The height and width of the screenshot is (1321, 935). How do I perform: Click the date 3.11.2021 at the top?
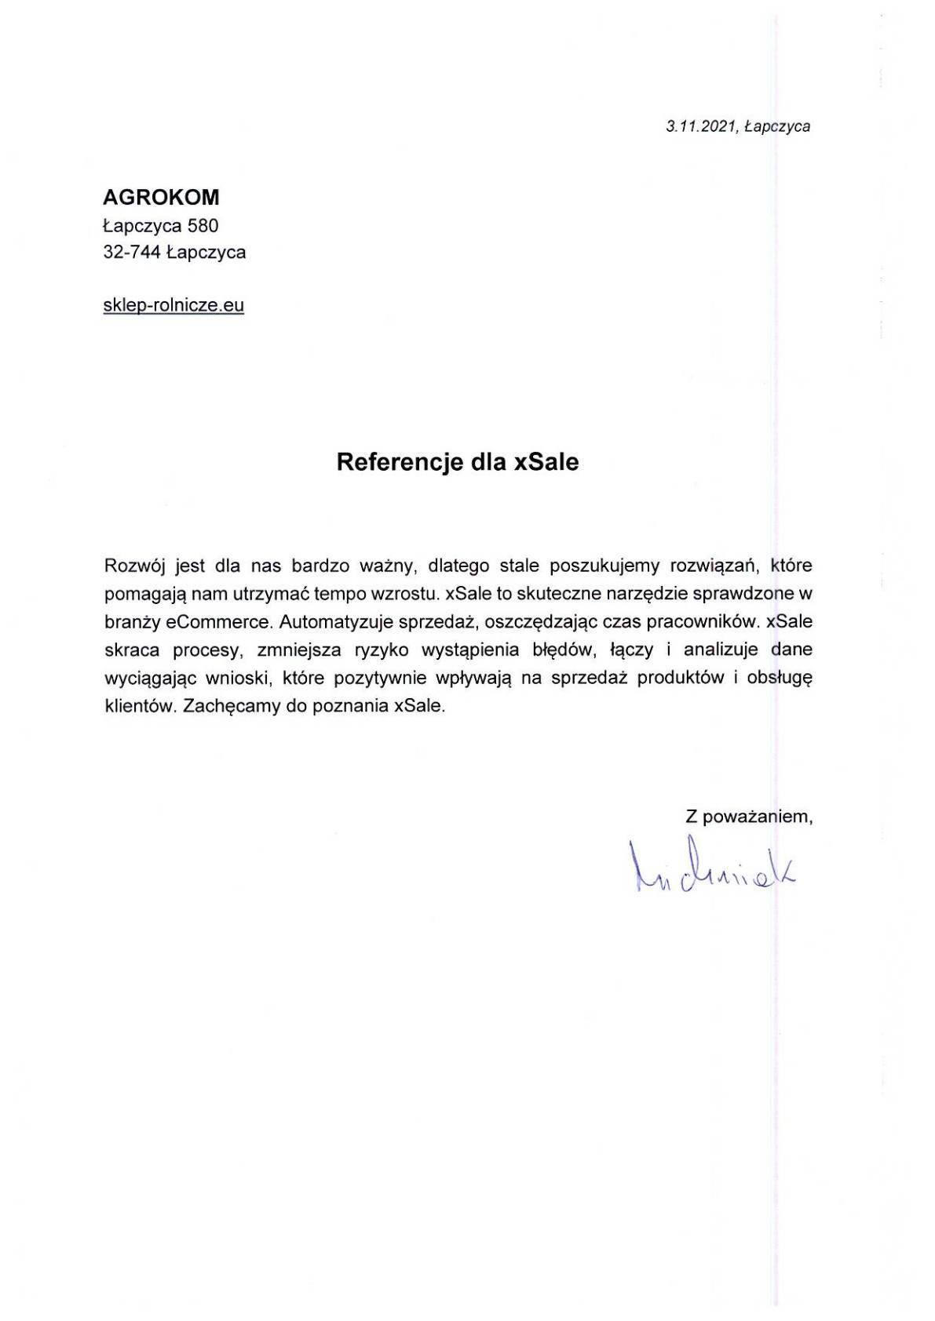(x=701, y=126)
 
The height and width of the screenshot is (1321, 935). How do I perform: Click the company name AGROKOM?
(x=161, y=197)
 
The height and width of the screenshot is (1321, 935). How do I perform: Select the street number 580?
(x=203, y=226)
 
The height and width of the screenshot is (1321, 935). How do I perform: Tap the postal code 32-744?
(x=132, y=253)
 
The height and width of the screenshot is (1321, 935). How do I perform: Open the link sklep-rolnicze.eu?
(x=173, y=305)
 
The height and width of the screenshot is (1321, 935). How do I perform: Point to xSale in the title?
(x=546, y=462)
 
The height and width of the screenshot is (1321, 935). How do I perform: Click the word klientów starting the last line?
(x=137, y=706)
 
